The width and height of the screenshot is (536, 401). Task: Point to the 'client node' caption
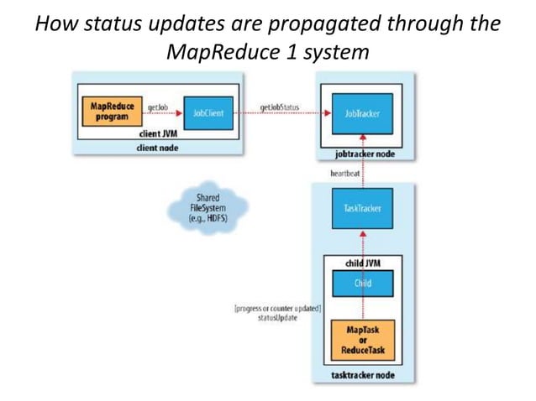click(156, 148)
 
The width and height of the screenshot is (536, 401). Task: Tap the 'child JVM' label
click(362, 262)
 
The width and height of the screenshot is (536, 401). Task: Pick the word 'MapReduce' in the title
click(221, 53)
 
